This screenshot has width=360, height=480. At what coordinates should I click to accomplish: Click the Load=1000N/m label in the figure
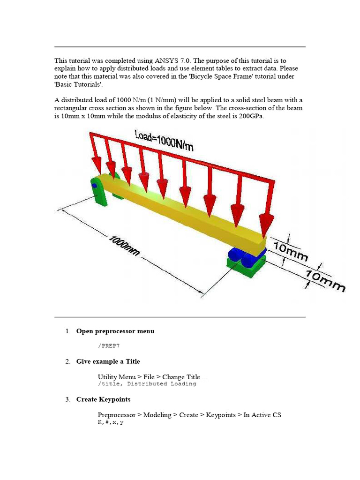click(x=164, y=141)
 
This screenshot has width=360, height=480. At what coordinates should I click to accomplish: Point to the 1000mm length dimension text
click(x=124, y=246)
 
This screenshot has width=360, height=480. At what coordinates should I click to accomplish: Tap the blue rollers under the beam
click(x=245, y=255)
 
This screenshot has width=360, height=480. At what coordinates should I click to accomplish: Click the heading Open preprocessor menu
click(x=115, y=331)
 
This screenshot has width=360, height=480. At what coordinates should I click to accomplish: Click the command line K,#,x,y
click(x=111, y=422)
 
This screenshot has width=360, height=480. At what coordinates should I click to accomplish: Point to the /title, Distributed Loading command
click(x=147, y=383)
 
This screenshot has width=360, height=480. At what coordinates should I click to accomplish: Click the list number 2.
click(x=68, y=361)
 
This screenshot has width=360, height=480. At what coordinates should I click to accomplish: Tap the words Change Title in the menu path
click(x=181, y=377)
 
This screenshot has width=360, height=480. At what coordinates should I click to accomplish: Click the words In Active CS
click(x=262, y=415)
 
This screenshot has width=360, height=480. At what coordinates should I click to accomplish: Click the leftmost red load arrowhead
click(x=97, y=165)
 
